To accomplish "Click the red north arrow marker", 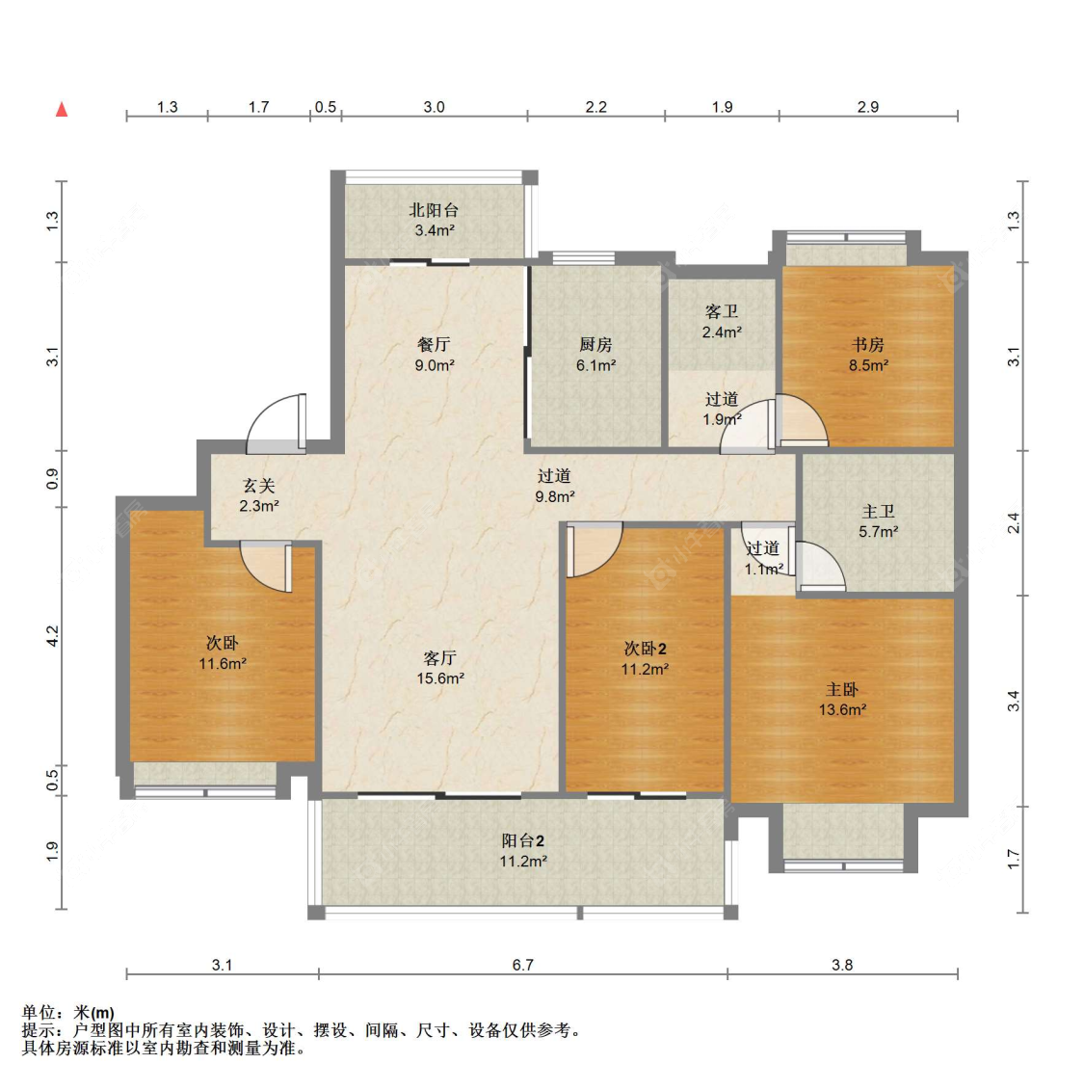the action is pos(62,109).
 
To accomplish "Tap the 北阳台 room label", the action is pos(434,209).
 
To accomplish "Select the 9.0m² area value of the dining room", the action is pos(435,365).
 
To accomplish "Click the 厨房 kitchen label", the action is pos(595,344).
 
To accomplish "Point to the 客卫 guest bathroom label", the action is pos(722,310).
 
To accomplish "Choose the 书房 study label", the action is pos(868,344).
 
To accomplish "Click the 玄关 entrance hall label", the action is pos(258,486).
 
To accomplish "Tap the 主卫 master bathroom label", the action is pos(879,512).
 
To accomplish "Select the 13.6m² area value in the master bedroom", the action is pos(842,709).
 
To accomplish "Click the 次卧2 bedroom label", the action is pos(645,649).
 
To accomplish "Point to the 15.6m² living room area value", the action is pos(440,678).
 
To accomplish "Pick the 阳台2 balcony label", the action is pos(523,840).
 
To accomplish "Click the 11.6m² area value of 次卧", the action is pos(223,664).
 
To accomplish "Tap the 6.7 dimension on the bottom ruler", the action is pos(522,965).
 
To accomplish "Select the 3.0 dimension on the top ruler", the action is pos(434,107).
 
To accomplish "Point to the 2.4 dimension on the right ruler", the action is pos(1014,522).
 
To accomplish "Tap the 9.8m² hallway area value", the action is pos(554,497).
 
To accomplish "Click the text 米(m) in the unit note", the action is pos(93,1013).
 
